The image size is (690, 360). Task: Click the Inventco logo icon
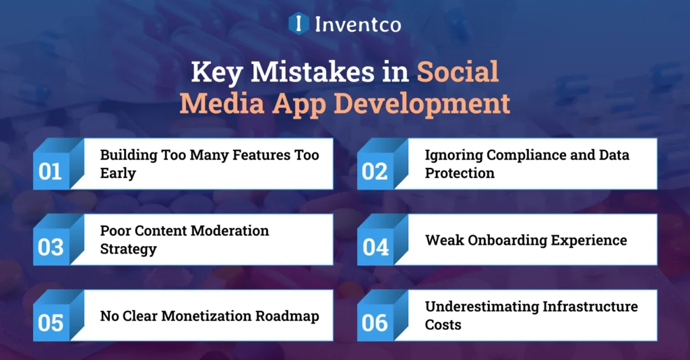point(298,24)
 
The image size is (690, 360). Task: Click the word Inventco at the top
point(357,25)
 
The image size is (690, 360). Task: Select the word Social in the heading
point(458,72)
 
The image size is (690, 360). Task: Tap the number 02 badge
point(375,171)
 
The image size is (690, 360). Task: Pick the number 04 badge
point(375,247)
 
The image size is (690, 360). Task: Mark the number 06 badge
point(375,323)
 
